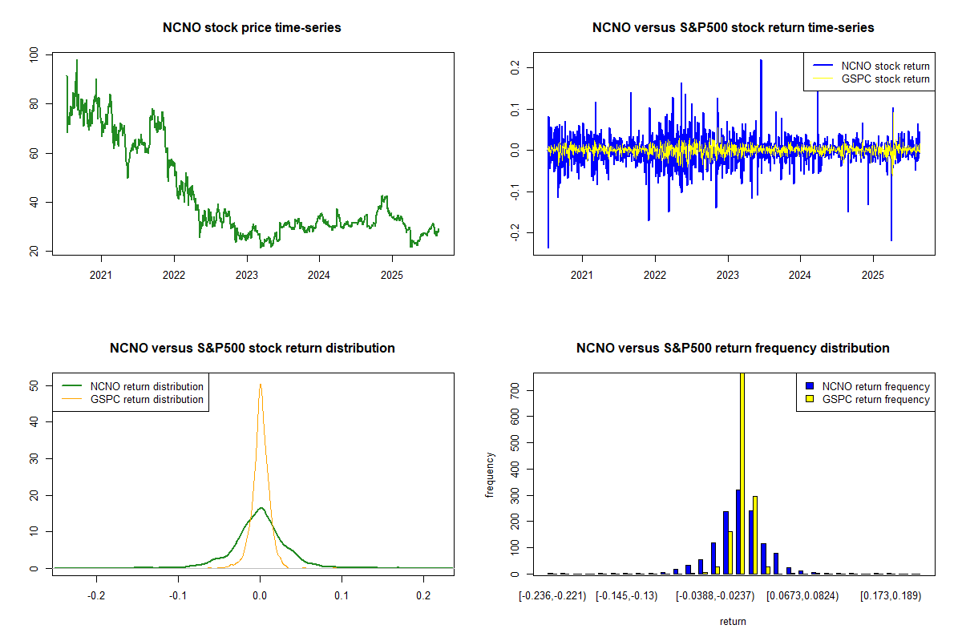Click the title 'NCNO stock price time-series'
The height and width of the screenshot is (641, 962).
pyautogui.click(x=252, y=28)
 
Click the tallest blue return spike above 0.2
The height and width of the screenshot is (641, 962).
pyautogui.click(x=761, y=61)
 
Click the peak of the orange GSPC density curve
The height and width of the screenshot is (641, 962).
pyautogui.click(x=260, y=385)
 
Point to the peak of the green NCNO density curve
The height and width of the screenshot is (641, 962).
pyautogui.click(x=261, y=508)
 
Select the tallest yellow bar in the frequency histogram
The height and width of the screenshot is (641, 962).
pyautogui.click(x=742, y=473)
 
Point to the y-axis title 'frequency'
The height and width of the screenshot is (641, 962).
pyautogui.click(x=491, y=474)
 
